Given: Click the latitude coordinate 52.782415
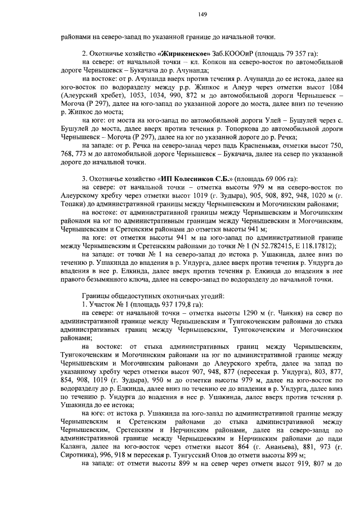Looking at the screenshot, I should pyautogui.click(x=276, y=246).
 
